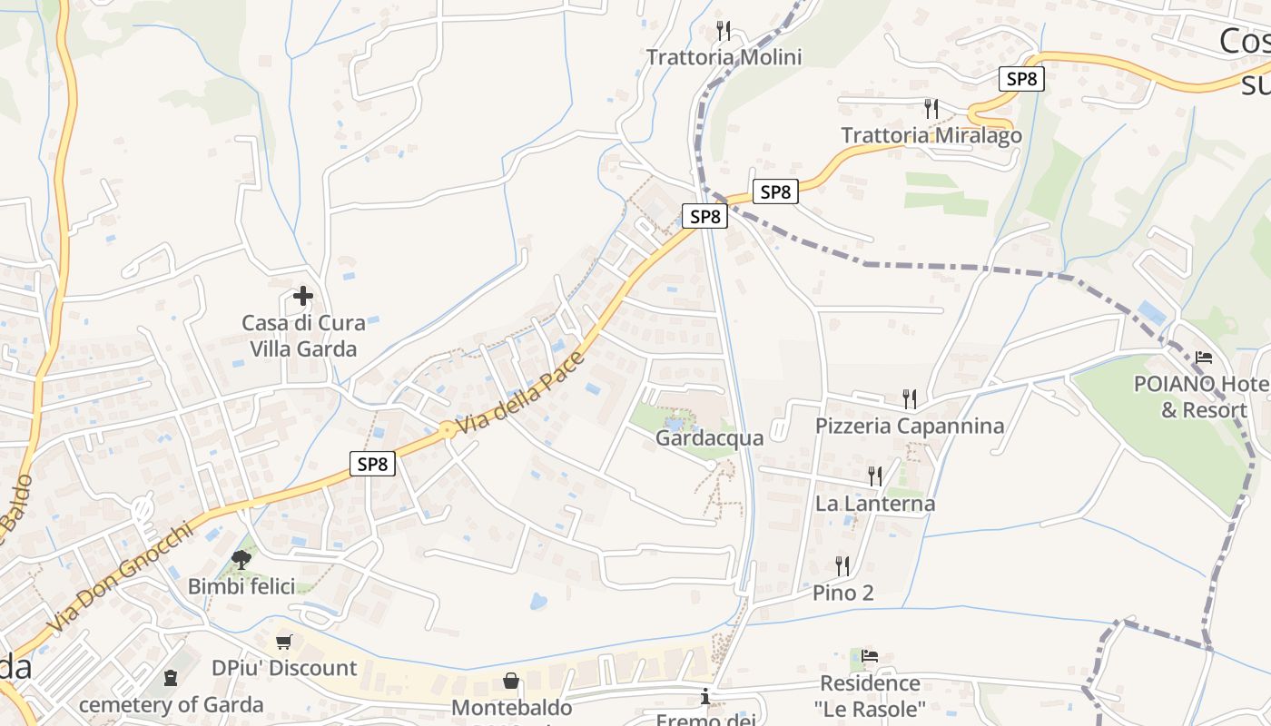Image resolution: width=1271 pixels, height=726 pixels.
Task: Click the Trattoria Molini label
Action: point(724,57)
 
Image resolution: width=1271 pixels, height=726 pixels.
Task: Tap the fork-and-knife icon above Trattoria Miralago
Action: point(931,109)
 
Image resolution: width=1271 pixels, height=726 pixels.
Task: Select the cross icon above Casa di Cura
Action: point(303,296)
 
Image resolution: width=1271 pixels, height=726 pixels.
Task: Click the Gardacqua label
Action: point(709,438)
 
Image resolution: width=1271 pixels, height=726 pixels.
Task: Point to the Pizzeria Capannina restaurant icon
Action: point(909,397)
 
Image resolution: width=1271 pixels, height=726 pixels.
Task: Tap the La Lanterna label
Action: point(874,503)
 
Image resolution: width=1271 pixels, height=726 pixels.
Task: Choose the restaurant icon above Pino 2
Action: point(842,565)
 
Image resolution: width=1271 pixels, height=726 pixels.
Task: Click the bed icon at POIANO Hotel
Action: point(1204,357)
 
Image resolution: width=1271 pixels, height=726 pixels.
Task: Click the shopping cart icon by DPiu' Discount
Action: point(284,642)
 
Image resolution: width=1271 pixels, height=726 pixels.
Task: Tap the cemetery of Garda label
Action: point(171,704)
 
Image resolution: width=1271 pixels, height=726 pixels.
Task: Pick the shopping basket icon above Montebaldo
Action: point(511,681)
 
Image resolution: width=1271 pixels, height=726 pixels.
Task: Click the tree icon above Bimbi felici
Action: point(241,559)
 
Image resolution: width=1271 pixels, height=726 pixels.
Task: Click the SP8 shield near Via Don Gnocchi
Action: point(372,464)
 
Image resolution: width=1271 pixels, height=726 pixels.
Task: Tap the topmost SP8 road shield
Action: point(1021,79)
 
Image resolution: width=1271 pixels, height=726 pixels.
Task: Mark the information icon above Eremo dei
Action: point(705,697)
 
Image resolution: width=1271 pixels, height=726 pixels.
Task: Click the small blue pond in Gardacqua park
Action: point(674,422)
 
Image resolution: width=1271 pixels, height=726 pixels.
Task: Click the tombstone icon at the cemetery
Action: point(170,677)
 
